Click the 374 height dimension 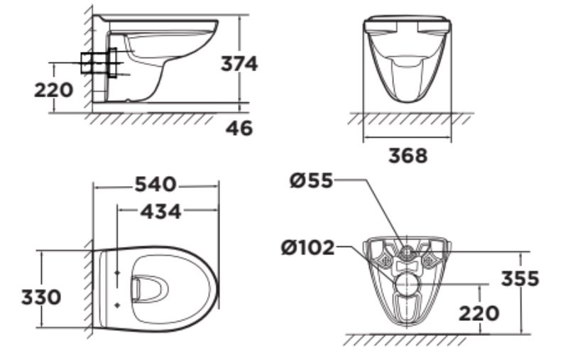238,64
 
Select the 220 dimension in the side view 53,90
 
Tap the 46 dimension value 239,129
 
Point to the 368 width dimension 408,156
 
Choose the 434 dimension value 160,211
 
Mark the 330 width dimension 40,296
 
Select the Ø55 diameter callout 311,181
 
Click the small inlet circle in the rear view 407,251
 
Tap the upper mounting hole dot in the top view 116,271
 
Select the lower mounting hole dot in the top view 116,303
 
